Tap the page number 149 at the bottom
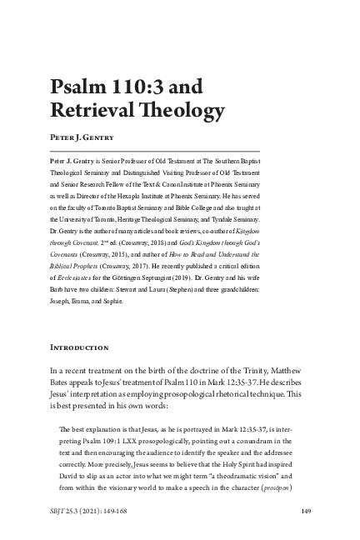[306, 511]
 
